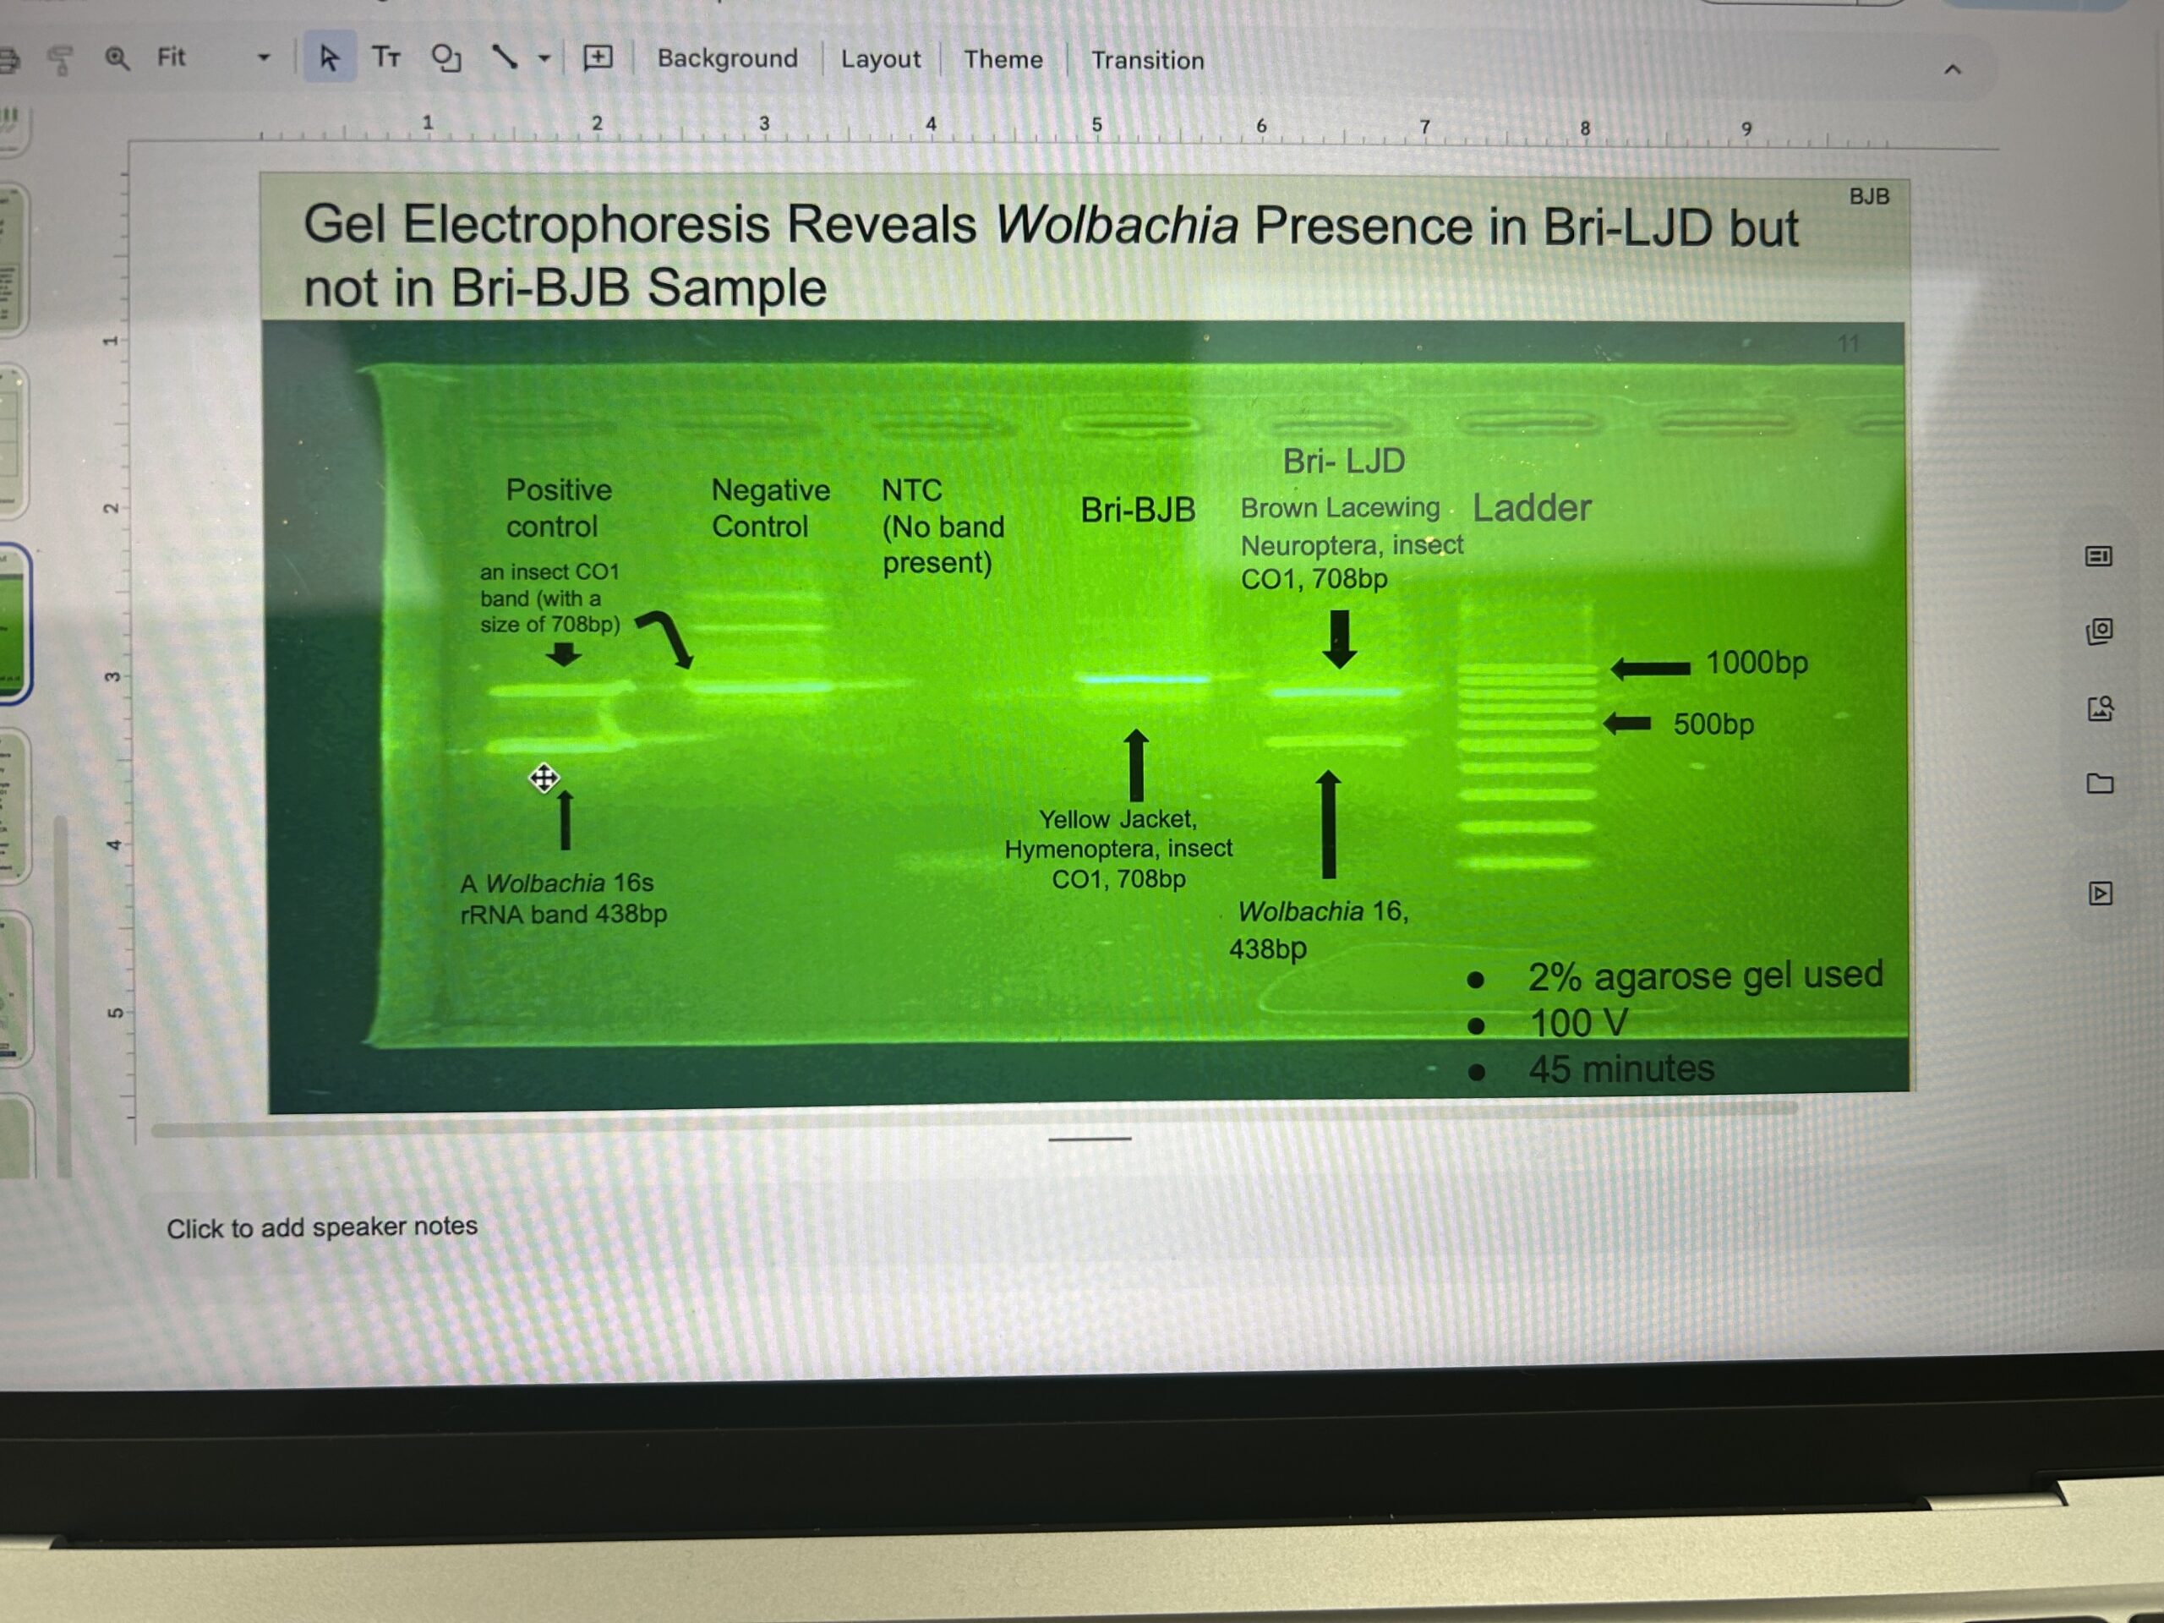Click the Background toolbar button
tap(727, 58)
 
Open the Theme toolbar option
tap(1003, 60)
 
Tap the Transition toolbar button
tap(1148, 61)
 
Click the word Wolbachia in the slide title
tap(1117, 224)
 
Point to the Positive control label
tap(558, 508)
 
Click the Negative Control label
tap(770, 508)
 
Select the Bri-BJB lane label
tap(1138, 510)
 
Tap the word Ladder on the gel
tap(1532, 508)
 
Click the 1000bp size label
tap(1757, 663)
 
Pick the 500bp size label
tap(1713, 724)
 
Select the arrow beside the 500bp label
tap(1627, 723)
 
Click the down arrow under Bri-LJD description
tap(1339, 640)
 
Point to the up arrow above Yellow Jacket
tap(1136, 765)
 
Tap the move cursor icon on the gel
tap(544, 778)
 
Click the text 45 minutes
tap(1621, 1068)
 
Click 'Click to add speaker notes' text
tap(322, 1227)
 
